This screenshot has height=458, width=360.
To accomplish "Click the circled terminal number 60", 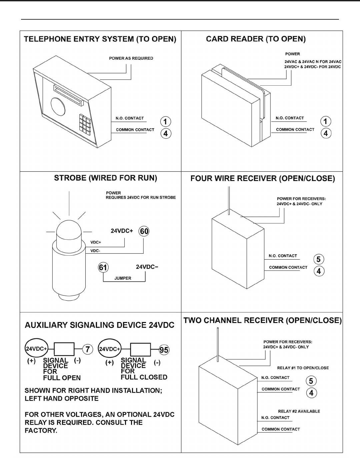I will (x=144, y=231).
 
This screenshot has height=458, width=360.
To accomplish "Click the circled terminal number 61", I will (x=103, y=267).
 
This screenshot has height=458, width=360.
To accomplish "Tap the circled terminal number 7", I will (x=87, y=349).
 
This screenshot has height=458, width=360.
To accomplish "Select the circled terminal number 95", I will (x=164, y=350).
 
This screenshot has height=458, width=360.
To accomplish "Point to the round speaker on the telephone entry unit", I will (x=57, y=107).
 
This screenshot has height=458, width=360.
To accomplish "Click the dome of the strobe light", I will (x=69, y=230).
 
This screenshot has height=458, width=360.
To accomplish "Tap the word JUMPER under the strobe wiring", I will (x=123, y=278).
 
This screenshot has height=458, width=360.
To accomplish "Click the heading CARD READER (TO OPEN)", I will (x=256, y=39).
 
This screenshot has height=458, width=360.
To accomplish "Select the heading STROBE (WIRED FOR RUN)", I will (x=105, y=178).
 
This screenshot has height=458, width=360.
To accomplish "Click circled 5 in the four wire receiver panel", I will (x=319, y=259).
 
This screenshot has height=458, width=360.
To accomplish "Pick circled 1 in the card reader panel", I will (x=326, y=121).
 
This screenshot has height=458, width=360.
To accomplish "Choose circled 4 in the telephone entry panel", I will (x=166, y=133).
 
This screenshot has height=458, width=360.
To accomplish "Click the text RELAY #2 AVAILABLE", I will (x=299, y=411).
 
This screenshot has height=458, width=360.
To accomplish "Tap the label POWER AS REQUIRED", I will (x=131, y=58).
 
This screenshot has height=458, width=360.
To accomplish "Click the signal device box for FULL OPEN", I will (x=64, y=349).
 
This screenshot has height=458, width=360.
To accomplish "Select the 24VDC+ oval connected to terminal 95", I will (x=109, y=349).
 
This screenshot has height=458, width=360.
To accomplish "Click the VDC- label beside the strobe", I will (x=95, y=251).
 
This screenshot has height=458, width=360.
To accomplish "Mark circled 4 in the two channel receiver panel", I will (x=311, y=393).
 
